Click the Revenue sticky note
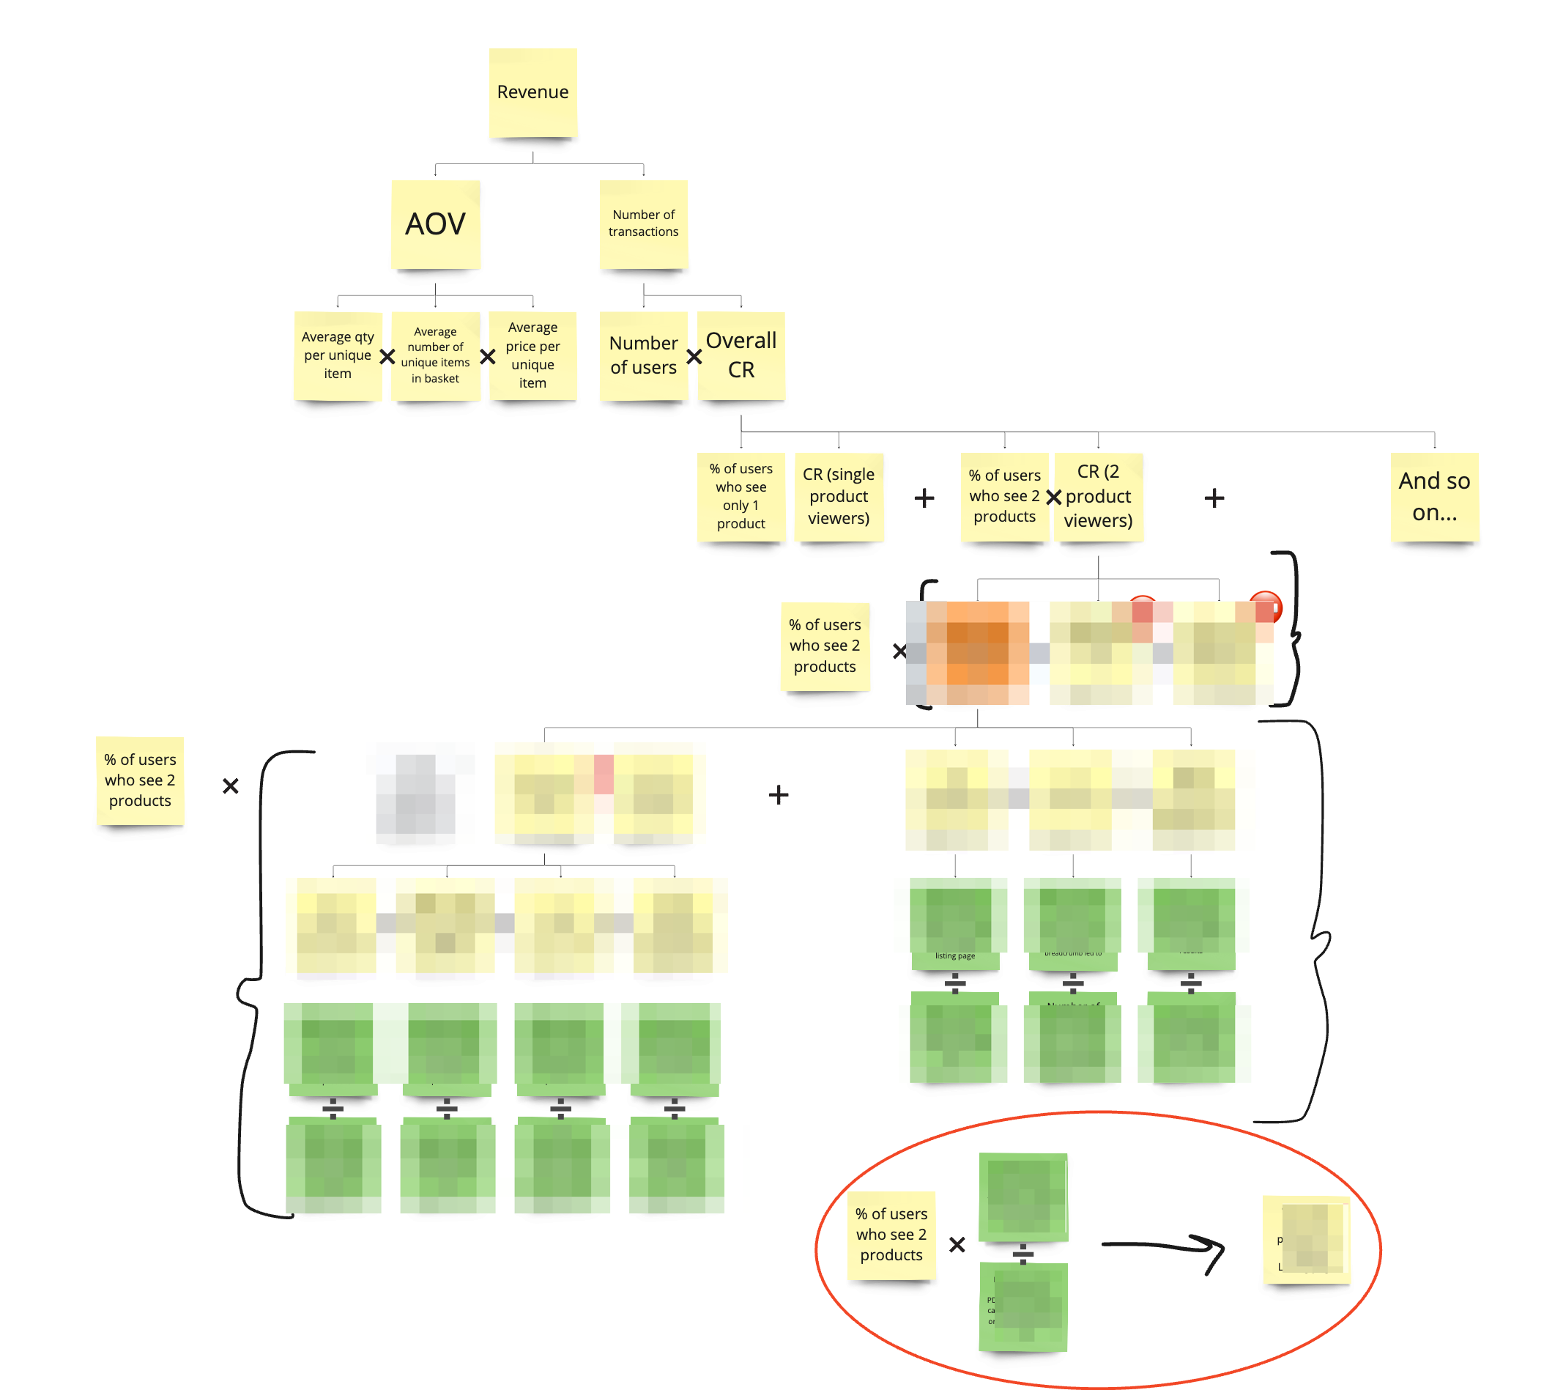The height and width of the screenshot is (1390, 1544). tap(532, 92)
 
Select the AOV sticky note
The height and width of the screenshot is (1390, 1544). tap(435, 223)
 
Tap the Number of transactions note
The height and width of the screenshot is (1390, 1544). tap(643, 223)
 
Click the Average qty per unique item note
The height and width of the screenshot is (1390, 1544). tap(338, 355)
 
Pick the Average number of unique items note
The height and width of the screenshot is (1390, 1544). tap(435, 355)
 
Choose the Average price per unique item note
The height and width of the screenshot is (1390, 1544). tap(532, 355)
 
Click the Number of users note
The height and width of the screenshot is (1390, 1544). tap(643, 355)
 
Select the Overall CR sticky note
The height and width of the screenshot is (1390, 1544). tap(741, 355)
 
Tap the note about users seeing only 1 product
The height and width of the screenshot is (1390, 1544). tap(741, 497)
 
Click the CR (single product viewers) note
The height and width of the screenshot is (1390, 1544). tap(839, 497)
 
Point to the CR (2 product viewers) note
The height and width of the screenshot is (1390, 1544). tap(1098, 497)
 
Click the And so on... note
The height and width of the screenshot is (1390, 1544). tap(1434, 497)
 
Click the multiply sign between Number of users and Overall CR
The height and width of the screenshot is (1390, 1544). tap(694, 357)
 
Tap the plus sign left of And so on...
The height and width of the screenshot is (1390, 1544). tap(1214, 499)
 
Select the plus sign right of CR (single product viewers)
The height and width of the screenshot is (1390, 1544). tap(924, 499)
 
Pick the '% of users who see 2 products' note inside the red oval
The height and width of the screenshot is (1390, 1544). tap(891, 1234)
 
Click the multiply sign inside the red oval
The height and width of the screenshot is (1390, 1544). tap(957, 1245)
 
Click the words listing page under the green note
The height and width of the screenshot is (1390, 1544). tap(954, 956)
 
